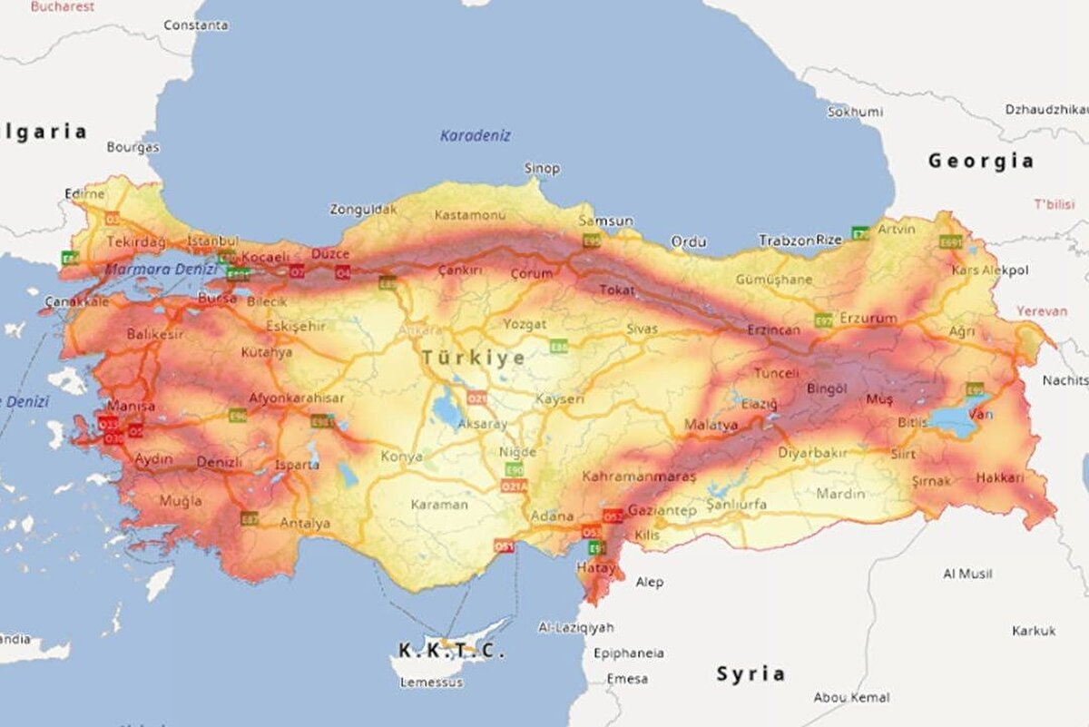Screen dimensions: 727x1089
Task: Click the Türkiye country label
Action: pos(473,358)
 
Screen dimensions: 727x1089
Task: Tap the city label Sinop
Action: pos(542,168)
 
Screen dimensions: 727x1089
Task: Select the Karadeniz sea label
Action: pos(476,135)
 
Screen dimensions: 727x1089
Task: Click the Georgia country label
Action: pos(980,162)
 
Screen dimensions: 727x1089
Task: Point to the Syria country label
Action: pos(751,673)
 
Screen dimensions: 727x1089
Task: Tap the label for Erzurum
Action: pos(868,319)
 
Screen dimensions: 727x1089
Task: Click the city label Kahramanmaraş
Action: pos(639,476)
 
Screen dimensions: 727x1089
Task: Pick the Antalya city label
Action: pos(305,523)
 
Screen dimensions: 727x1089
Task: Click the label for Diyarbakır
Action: pos(812,453)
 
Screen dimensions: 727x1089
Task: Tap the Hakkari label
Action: pos(1000,477)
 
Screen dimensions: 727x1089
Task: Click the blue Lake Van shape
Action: pos(953,420)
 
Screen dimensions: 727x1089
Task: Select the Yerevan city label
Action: pos(1042,310)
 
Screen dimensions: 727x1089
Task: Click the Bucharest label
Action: pos(63,6)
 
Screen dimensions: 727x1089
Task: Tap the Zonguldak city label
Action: pos(363,209)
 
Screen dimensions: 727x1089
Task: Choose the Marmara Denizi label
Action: pos(161,269)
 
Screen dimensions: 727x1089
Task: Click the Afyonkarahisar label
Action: pos(297,398)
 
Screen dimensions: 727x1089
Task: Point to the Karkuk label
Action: pos(1034,630)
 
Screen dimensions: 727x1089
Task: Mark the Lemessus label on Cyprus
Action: pos(431,682)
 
